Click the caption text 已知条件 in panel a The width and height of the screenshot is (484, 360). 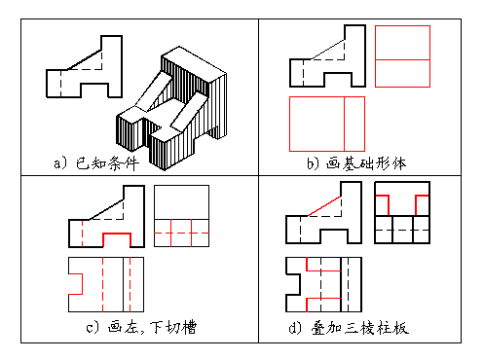[x=107, y=162]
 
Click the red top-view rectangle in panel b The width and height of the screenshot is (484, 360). [x=326, y=123]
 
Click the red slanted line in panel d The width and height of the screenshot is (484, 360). [x=325, y=204]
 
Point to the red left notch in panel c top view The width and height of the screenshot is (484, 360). [x=74, y=282]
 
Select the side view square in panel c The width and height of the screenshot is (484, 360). [x=181, y=218]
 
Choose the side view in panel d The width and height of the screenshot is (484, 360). [x=403, y=216]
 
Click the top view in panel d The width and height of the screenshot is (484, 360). [x=321, y=282]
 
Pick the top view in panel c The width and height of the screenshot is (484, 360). [x=105, y=282]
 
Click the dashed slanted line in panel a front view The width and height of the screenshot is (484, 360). [x=82, y=57]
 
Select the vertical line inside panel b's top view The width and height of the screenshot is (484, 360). [x=344, y=123]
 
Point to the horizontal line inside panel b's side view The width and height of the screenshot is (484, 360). [x=402, y=60]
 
